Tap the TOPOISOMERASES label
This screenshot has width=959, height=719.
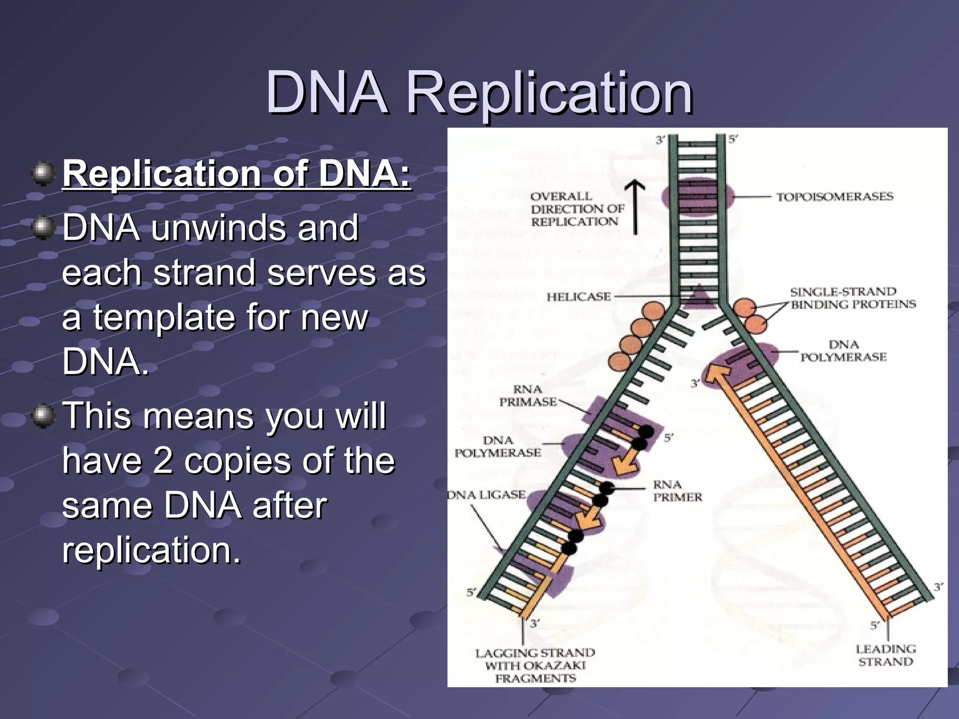[x=835, y=197]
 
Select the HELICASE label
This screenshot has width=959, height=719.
[x=579, y=297]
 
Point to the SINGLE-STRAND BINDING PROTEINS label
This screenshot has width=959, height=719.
[x=853, y=298]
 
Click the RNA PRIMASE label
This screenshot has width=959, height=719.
[x=528, y=396]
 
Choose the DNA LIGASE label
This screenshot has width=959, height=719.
[x=487, y=495]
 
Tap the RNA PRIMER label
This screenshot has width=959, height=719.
[x=678, y=491]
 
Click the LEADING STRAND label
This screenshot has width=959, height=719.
[x=885, y=655]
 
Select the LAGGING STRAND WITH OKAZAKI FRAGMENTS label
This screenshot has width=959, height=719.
[x=535, y=665]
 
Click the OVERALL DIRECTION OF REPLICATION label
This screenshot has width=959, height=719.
[x=577, y=209]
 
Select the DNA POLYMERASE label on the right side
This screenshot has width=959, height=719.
[x=843, y=351]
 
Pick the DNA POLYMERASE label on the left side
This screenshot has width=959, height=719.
[x=498, y=447]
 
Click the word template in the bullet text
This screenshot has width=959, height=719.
[x=169, y=317]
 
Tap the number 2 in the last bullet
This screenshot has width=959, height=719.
[x=162, y=461]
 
